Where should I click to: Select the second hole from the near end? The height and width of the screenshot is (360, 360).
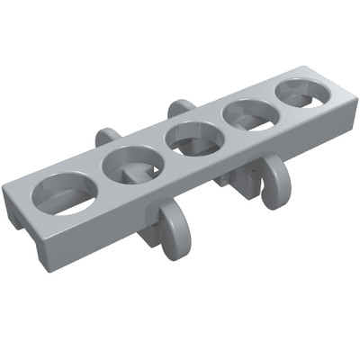131,163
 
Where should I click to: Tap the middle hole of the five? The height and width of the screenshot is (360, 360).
192,138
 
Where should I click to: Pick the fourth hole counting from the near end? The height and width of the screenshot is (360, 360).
248,114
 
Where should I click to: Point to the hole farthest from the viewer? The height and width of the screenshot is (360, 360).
301,93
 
